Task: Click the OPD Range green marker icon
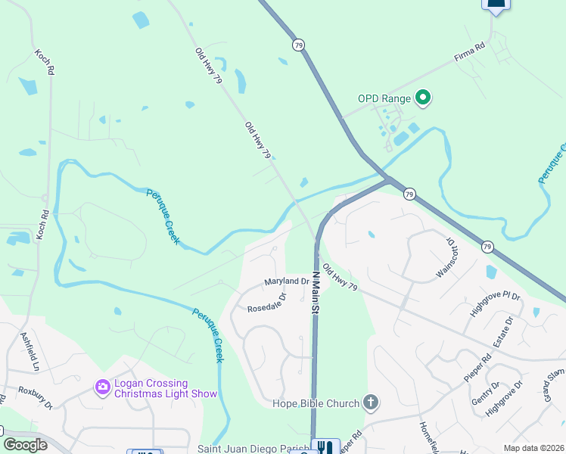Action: pos(424,98)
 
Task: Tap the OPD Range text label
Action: pos(384,98)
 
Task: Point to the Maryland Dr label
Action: pos(287,281)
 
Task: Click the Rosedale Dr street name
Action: pos(267,303)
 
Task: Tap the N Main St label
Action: pos(315,292)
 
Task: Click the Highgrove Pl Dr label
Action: pos(495,303)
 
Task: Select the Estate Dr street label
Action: pos(503,332)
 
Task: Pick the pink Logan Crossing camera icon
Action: pos(102,387)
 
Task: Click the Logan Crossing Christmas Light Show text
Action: pos(165,388)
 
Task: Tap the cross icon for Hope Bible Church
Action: pos(370,402)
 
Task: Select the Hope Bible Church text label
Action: pos(316,403)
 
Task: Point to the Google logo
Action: pos(25,445)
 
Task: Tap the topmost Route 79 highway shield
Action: pos(300,45)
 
